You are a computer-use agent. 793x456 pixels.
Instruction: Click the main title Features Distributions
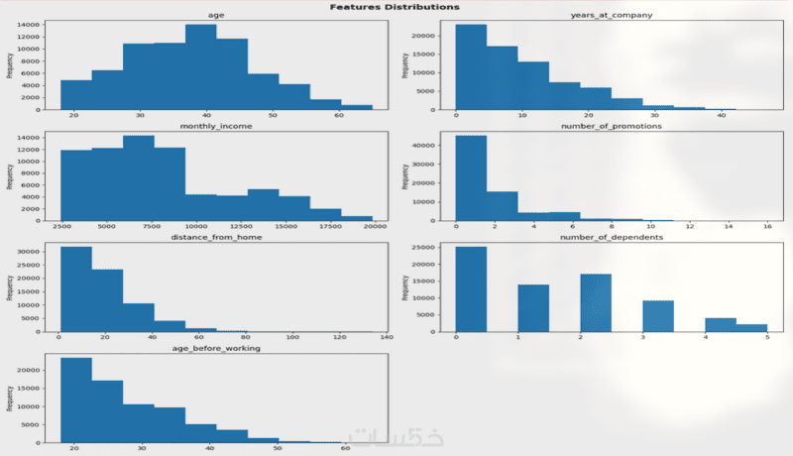click(x=395, y=7)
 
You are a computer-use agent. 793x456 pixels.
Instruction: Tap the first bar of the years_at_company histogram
click(x=471, y=67)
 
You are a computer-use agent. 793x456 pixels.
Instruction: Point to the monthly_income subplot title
click(x=215, y=128)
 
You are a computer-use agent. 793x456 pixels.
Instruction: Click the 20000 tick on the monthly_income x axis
click(x=373, y=227)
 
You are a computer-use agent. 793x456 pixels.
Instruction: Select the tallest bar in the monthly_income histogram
click(x=139, y=177)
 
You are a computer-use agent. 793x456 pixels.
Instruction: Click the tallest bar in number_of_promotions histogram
click(x=471, y=177)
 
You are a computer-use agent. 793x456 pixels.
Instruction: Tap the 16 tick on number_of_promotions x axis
click(x=768, y=227)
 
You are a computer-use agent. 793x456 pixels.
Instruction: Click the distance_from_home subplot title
click(x=215, y=239)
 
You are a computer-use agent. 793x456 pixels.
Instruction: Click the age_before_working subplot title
click(x=215, y=349)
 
